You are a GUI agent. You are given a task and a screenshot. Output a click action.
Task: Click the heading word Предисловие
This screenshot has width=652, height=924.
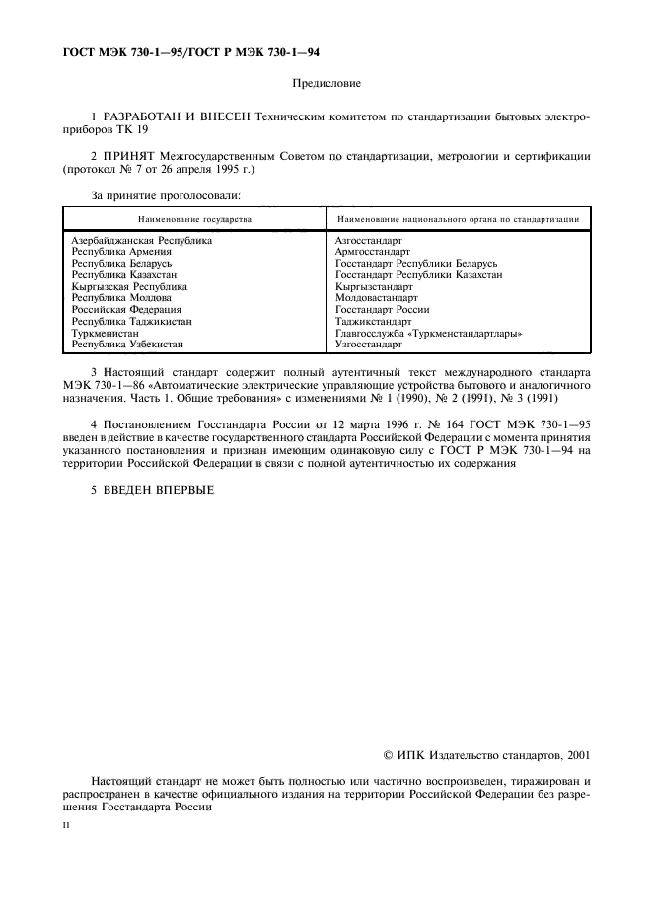click(326, 85)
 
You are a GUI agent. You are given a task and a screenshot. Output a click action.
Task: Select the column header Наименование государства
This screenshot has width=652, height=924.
click(194, 218)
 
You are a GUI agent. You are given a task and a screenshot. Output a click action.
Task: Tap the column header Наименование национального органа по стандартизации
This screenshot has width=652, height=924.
click(458, 218)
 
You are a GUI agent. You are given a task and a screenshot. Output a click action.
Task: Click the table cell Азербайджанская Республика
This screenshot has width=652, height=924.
click(141, 240)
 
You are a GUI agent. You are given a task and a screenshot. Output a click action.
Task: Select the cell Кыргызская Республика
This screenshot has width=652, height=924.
click(129, 286)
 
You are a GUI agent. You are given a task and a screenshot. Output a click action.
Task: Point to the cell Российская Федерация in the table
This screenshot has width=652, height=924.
click(126, 310)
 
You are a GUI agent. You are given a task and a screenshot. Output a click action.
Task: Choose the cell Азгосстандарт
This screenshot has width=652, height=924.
click(368, 240)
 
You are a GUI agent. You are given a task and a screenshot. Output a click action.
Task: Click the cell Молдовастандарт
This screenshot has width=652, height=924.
click(376, 298)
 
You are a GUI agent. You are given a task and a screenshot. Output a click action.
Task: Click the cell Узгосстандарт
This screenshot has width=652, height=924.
click(368, 346)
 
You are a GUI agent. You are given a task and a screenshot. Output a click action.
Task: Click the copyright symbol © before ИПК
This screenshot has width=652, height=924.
click(389, 755)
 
